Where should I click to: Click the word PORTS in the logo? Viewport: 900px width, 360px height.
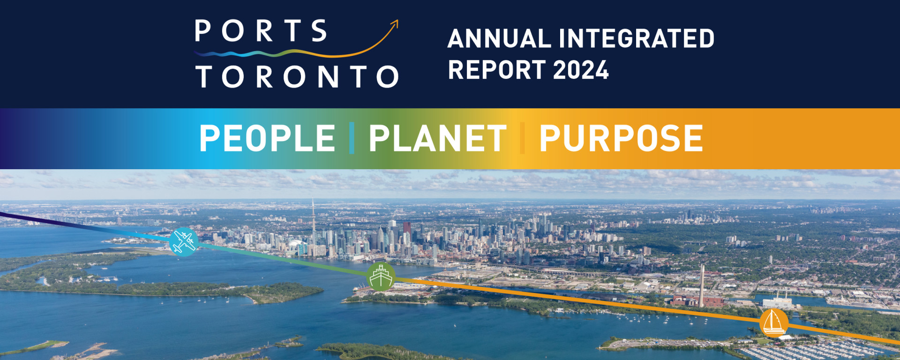(261, 31)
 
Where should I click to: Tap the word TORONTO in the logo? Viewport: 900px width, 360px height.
(297, 76)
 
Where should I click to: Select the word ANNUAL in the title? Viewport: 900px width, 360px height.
(499, 39)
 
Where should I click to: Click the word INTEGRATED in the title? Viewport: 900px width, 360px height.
(637, 39)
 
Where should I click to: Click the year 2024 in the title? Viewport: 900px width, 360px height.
(581, 70)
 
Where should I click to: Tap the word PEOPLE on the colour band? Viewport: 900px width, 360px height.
(267, 138)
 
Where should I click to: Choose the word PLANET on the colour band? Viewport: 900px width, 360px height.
(437, 138)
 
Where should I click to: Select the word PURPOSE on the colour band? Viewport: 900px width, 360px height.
(621, 138)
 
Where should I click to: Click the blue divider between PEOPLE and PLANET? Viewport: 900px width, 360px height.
(352, 138)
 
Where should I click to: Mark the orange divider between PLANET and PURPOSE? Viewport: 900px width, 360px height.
(522, 138)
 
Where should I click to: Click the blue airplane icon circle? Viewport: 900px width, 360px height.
(184, 242)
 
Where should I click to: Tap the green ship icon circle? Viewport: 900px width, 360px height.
(381, 277)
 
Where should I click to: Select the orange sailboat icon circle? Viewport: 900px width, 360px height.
(774, 322)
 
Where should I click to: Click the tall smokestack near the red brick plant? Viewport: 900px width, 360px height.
(702, 286)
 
